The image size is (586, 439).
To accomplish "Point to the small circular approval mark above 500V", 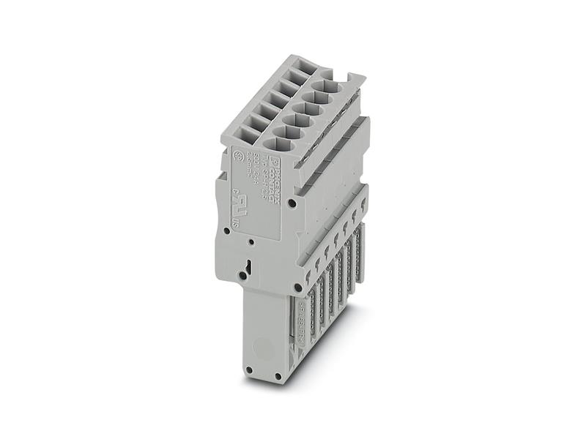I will click(x=238, y=155).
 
